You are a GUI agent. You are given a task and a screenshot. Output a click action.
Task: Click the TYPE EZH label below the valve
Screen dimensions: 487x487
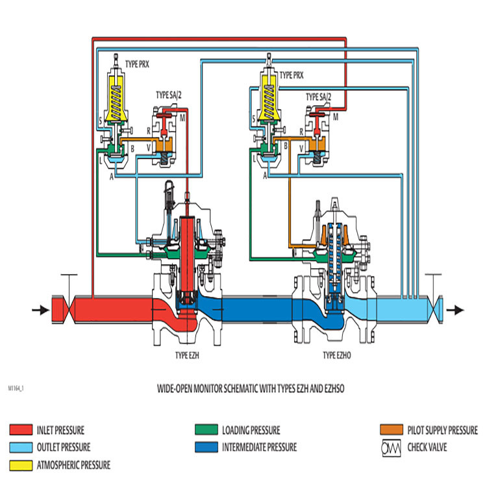189,356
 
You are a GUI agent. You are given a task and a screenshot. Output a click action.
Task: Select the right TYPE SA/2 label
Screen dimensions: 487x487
319,97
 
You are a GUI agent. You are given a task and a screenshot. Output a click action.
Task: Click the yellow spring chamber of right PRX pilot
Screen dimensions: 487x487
268,97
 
